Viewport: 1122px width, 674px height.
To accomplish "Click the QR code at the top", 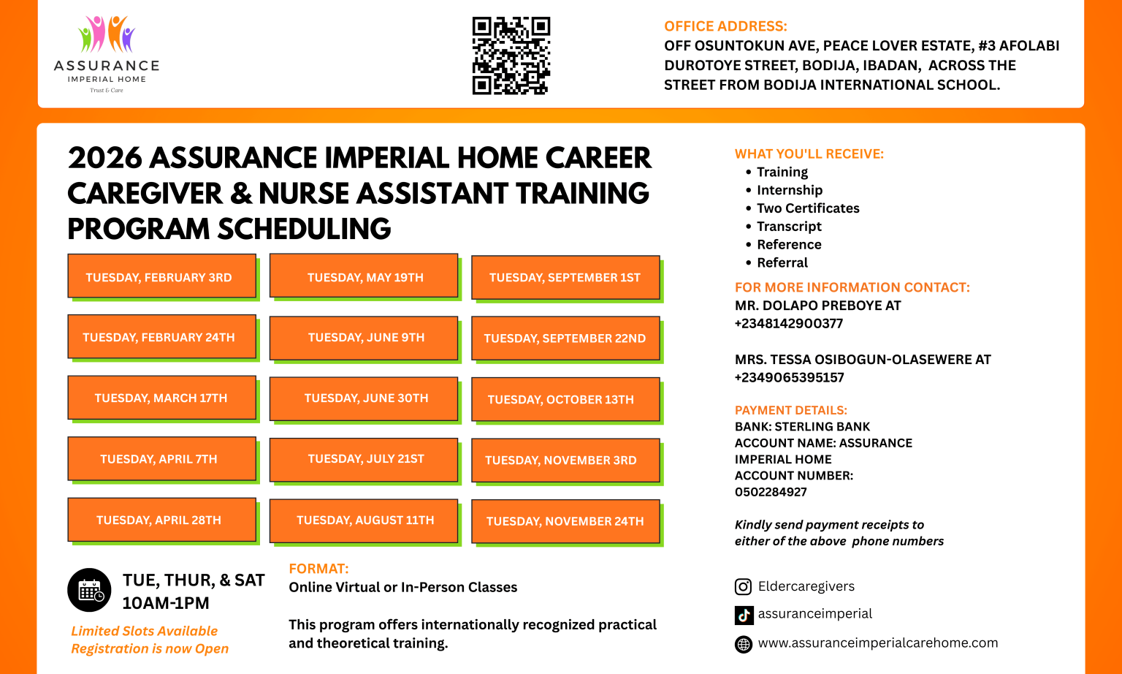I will [511, 56].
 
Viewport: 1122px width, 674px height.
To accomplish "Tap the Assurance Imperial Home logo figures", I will [107, 34].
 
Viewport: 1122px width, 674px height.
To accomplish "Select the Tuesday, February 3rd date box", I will [161, 276].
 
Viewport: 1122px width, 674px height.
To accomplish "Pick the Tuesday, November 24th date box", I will [565, 521].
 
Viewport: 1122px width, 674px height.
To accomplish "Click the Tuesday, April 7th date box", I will [161, 459].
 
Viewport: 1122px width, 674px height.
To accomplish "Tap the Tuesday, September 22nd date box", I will [565, 338].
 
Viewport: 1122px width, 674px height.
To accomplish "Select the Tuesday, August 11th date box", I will [365, 520].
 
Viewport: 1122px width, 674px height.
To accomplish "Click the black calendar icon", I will [89, 590].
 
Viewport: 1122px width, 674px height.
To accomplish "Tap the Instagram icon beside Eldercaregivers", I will [743, 587].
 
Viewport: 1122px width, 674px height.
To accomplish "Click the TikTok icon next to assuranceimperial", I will [744, 615].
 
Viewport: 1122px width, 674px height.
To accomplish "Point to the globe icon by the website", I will [743, 644].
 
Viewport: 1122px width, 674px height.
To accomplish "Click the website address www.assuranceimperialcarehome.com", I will [877, 643].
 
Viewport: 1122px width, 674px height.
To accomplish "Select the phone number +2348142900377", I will [789, 323].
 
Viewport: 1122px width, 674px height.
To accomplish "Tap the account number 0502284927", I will [771, 492].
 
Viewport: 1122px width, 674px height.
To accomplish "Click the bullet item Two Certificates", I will [808, 208].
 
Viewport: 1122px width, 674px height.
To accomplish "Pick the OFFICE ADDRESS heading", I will [725, 26].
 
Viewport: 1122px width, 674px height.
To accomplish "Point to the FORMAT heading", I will [318, 569].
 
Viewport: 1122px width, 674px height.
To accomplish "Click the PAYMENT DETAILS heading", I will [791, 410].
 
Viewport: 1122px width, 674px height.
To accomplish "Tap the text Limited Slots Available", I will [145, 631].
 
